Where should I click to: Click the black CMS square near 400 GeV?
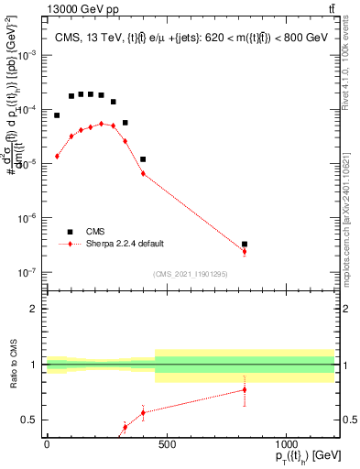pyautogui.click(x=143, y=159)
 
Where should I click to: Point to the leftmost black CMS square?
pyautogui.click(x=57, y=115)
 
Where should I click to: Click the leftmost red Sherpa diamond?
pyautogui.click(x=57, y=157)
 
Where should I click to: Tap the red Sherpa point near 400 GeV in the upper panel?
pyautogui.click(x=143, y=173)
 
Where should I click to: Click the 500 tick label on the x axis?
pyautogui.click(x=166, y=444)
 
